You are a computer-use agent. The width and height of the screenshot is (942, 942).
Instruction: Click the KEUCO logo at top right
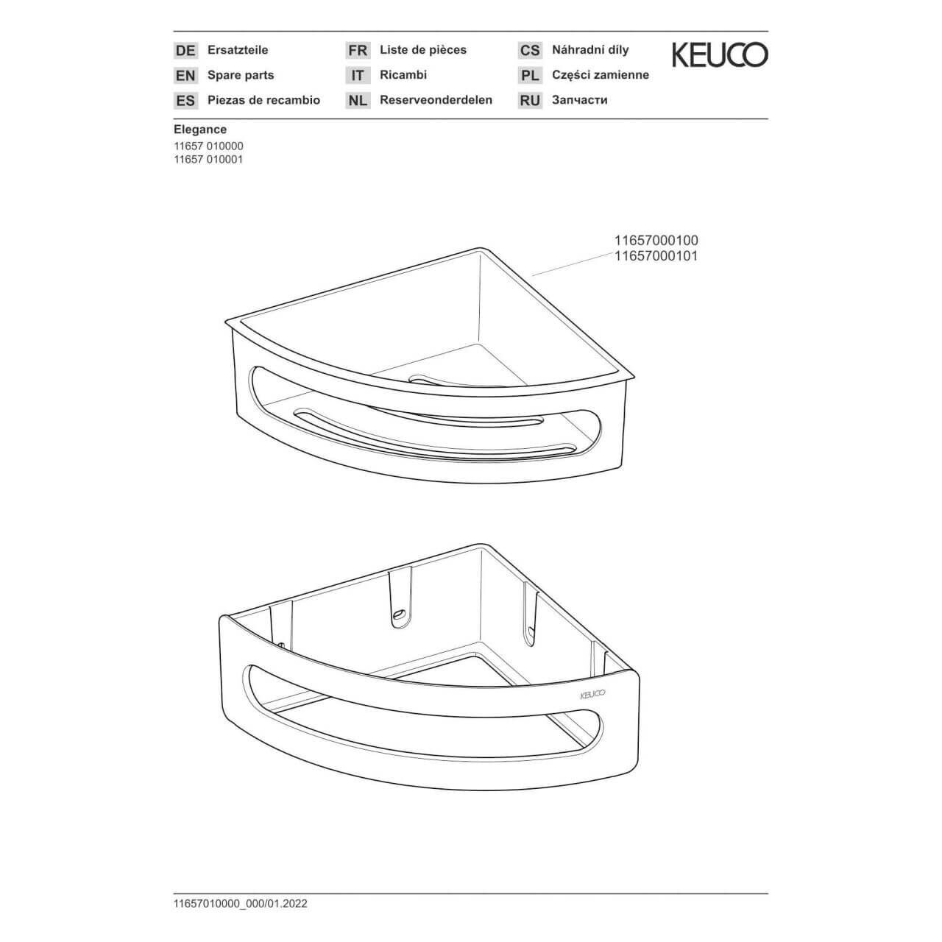pyautogui.click(x=719, y=55)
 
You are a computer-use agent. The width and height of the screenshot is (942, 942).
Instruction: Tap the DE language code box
pyautogui.click(x=185, y=51)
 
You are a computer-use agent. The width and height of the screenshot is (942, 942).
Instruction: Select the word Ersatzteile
pyautogui.click(x=238, y=50)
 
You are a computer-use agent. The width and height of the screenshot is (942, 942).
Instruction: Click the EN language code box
pyautogui.click(x=185, y=75)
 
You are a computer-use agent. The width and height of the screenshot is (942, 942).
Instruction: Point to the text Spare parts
pyautogui.click(x=241, y=75)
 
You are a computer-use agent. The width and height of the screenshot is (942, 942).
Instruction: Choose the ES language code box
pyautogui.click(x=185, y=100)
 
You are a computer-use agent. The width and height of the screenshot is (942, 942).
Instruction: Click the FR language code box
pyautogui.click(x=358, y=51)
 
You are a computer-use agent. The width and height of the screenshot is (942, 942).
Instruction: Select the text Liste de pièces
pyautogui.click(x=423, y=50)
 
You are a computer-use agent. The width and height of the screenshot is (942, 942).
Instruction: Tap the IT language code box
pyautogui.click(x=358, y=75)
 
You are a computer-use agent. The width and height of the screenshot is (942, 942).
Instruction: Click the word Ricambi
pyautogui.click(x=403, y=75)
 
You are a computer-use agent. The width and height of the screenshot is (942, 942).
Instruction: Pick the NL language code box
pyautogui.click(x=358, y=100)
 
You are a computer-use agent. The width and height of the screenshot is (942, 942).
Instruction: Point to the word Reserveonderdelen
pyautogui.click(x=436, y=100)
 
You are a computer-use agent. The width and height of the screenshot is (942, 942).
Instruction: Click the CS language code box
pyautogui.click(x=530, y=51)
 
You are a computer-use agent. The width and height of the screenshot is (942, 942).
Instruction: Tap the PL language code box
pyautogui.click(x=530, y=75)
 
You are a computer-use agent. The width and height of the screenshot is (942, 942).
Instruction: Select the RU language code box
pyautogui.click(x=530, y=100)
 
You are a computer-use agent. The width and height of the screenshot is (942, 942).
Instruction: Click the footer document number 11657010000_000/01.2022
pyautogui.click(x=241, y=904)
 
